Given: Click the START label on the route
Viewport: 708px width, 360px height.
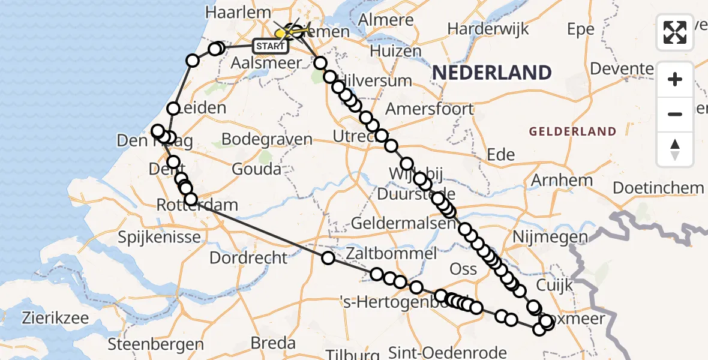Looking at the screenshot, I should click(271, 46).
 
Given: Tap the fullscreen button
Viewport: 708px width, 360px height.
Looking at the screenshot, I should click(675, 32).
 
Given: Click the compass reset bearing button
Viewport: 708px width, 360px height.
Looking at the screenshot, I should click(675, 149).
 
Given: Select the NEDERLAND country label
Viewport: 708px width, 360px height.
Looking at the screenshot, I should click(491, 73).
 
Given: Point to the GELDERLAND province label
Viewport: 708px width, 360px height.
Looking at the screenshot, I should click(572, 131).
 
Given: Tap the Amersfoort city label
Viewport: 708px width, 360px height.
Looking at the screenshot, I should click(429, 109).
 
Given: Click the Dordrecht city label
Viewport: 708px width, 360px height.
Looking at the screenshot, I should click(248, 258).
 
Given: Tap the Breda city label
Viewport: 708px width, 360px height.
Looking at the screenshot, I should click(273, 343).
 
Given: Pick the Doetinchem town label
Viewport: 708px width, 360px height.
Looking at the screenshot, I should click(658, 188).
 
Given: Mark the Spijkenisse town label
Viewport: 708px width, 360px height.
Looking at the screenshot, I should click(159, 237).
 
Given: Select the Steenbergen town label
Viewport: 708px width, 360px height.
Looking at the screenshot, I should click(155, 344).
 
